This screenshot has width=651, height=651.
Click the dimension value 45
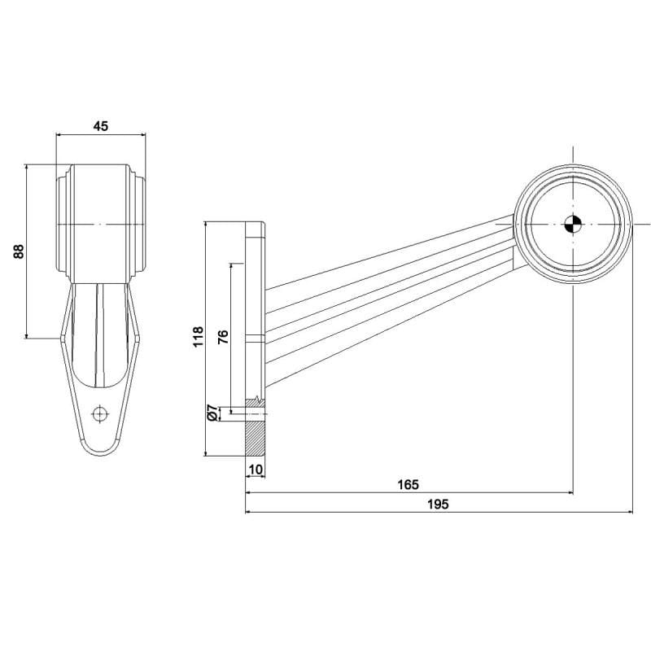coord(100,126)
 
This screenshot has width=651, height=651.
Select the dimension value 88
coord(19,251)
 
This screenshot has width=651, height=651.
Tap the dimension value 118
coord(198,337)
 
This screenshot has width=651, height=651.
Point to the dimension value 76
coord(223,337)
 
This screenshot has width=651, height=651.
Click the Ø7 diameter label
coord(212,413)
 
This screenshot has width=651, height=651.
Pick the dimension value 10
coord(256,470)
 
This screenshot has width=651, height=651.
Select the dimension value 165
coord(409,484)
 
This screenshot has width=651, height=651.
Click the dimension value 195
coord(438,504)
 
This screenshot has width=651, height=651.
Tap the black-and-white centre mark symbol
coord(574,225)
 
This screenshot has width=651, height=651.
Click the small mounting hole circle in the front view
coord(99,414)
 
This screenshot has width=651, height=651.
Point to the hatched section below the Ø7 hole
coord(256,439)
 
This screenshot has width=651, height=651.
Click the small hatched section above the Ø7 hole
coord(256,403)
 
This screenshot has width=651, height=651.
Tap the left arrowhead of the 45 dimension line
coord(59,134)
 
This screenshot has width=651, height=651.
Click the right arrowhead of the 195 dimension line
coord(629,512)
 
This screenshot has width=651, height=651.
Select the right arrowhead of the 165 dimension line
coord(570,493)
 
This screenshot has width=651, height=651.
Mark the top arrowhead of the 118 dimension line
coord(206,225)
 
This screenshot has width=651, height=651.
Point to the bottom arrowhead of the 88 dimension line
coord(27,335)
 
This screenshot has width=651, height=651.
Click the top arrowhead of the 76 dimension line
coord(231,267)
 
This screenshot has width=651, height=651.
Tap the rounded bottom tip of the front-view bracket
coord(99,456)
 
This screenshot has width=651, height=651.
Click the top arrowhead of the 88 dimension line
coord(27,168)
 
